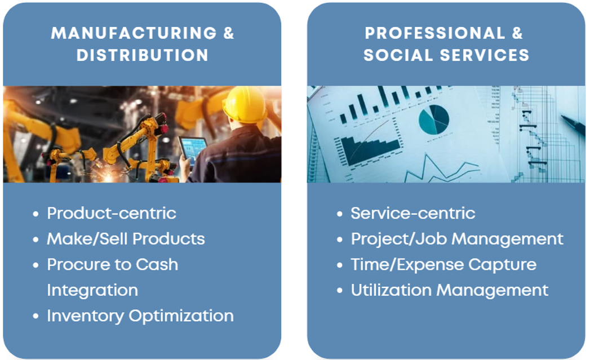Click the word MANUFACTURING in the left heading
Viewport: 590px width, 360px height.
134,33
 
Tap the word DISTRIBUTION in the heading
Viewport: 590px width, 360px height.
142,55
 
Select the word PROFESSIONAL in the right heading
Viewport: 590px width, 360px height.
434,33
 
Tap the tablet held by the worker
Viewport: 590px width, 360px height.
193,150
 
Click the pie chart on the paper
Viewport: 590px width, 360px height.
434,119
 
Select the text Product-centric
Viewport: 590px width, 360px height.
112,214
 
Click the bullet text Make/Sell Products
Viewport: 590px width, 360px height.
126,239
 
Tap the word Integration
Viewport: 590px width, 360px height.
92,290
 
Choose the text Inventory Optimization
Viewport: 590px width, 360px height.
140,316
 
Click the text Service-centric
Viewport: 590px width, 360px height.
412,214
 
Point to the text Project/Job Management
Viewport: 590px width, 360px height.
457,239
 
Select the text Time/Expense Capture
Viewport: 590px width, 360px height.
443,265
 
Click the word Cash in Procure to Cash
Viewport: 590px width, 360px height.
157,264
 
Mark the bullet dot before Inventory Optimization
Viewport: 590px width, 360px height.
36,316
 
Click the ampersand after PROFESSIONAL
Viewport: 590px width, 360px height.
517,33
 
